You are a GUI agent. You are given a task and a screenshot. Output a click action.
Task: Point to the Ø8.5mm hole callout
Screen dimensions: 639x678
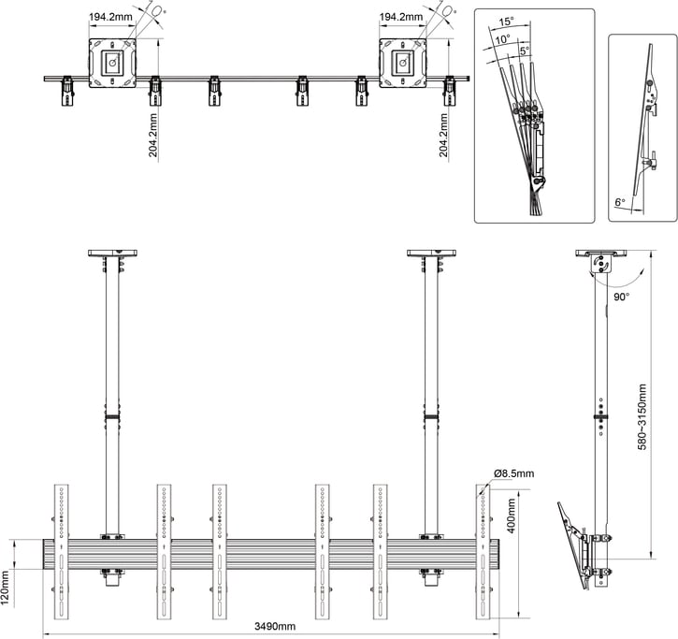point(511,474)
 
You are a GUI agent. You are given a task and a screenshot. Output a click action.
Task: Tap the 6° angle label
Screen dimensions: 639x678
point(620,202)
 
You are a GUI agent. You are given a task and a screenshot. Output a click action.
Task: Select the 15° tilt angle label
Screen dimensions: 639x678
point(506,22)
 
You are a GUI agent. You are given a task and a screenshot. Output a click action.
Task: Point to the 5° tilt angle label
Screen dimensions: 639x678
point(524,51)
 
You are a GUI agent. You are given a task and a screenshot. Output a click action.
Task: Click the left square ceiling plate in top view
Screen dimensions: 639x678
point(113,63)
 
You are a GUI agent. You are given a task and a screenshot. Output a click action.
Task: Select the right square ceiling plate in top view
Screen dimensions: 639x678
point(403,63)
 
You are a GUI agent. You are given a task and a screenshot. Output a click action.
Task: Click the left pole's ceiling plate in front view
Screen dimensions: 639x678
point(112,253)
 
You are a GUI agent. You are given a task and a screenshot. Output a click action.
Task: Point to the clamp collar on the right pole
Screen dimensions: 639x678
point(430,417)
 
